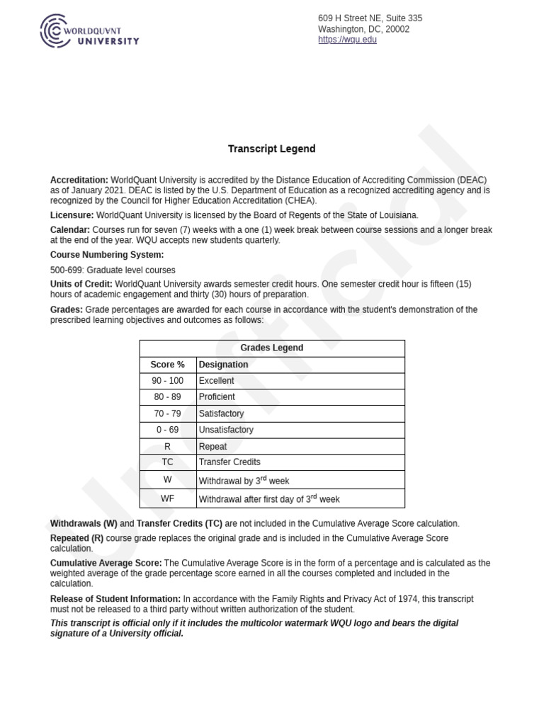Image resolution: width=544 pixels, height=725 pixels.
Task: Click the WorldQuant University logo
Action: coord(89,32)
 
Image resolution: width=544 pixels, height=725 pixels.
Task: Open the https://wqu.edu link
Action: coord(347,40)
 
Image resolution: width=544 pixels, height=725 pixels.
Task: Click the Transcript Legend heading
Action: coord(271,149)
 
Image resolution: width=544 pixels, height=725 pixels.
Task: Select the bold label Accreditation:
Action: coord(79,181)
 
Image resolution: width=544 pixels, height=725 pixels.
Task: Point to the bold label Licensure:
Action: coord(72,215)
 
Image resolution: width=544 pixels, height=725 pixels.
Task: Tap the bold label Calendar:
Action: coord(69,230)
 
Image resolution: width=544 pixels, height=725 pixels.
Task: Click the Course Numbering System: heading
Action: coord(106,255)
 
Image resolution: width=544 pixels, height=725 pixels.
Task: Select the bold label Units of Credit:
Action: coord(81,284)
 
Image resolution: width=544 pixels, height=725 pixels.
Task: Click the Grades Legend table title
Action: coord(271,348)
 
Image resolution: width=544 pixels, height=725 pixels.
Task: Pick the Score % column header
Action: coord(167,365)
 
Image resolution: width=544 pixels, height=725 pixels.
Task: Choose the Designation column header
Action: coord(223,365)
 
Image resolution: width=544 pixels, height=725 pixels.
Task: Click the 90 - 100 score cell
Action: coord(167,381)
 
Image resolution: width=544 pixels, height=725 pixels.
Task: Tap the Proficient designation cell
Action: coord(217,397)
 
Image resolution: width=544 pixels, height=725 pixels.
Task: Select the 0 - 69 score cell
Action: coord(167,430)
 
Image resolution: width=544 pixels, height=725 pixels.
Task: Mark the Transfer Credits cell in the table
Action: coord(229,462)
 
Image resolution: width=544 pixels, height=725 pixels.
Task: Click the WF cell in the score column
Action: coord(167,498)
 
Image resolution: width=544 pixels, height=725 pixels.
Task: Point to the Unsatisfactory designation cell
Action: coord(226,430)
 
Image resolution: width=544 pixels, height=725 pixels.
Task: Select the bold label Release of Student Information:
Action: coord(115,599)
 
